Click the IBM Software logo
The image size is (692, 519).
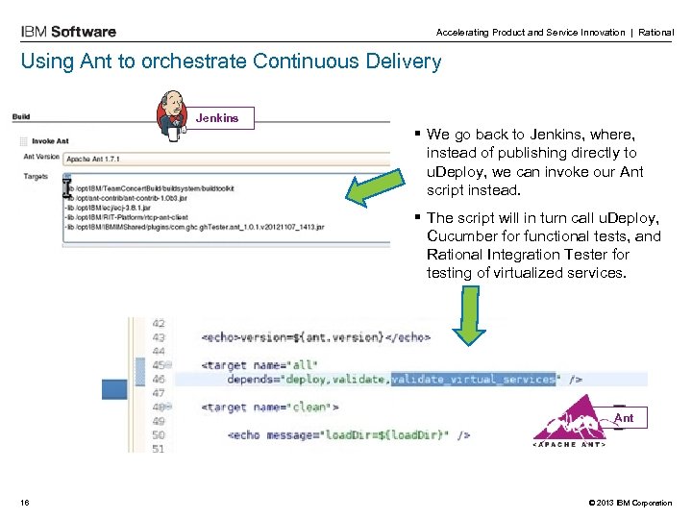68,32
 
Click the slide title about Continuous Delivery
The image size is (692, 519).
231,62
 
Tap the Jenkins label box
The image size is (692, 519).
217,118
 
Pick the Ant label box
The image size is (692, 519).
624,418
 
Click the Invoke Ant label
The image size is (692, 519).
49,141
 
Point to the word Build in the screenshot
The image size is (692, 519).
21,117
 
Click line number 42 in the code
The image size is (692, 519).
158,324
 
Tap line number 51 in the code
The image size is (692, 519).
158,448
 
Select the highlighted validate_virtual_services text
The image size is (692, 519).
474,379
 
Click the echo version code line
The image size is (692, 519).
316,337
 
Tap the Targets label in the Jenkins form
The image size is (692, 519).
37,176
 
